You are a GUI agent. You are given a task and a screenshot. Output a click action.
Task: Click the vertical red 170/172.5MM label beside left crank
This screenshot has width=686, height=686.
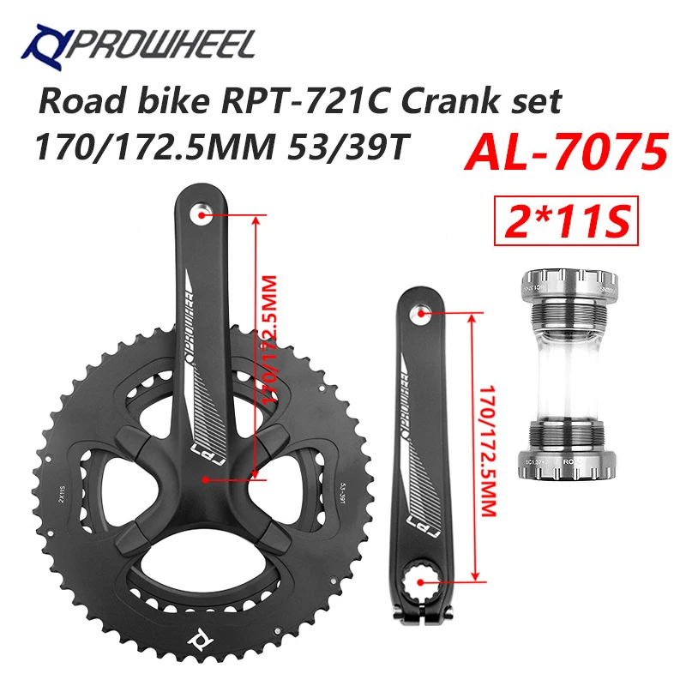coord(490,446)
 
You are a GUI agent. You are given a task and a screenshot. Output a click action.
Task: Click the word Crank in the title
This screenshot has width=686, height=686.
coord(452,102)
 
